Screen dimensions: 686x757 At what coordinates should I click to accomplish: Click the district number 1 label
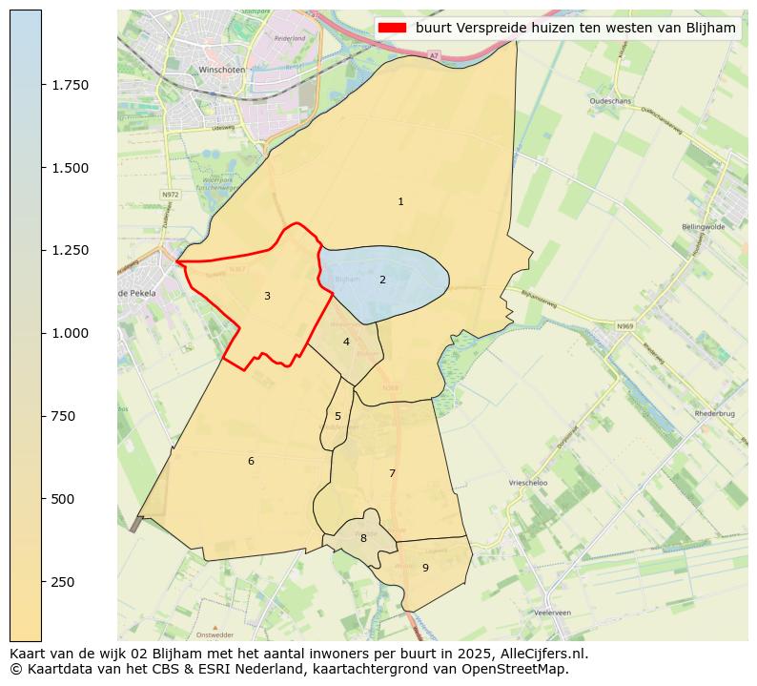400,201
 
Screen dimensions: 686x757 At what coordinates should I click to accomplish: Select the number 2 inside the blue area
382,280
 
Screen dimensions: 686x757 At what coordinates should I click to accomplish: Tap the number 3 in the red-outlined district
267,296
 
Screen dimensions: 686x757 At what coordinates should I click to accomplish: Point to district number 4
346,342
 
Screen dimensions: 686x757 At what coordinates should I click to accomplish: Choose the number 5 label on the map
338,416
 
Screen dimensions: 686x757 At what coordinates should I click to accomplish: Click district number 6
251,461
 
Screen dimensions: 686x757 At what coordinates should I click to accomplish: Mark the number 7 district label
392,473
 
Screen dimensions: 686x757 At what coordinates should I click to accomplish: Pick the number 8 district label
363,538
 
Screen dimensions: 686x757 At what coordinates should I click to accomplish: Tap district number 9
425,568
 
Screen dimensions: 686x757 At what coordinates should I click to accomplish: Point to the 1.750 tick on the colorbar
71,85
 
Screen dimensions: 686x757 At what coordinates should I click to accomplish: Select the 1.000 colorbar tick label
71,333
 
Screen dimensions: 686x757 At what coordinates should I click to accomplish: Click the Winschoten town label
222,70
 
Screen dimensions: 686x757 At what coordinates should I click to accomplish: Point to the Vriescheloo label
528,483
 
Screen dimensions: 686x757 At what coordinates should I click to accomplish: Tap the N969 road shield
624,326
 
